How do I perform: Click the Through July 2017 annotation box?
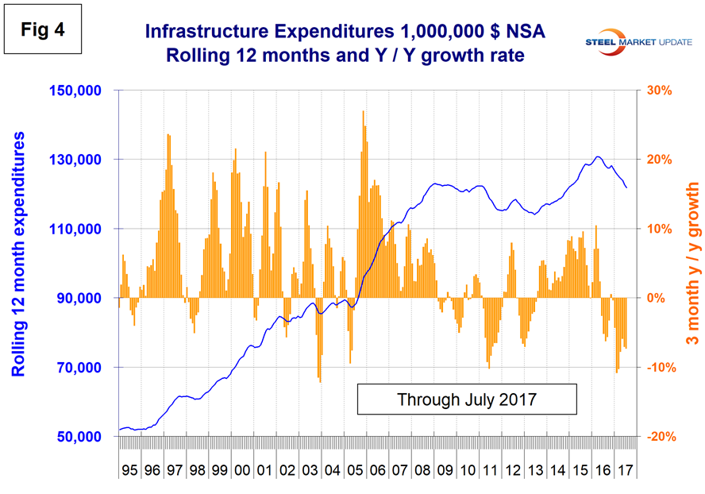coord(466,397)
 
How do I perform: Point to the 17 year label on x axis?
coord(625,461)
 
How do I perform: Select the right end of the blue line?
coord(627,187)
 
